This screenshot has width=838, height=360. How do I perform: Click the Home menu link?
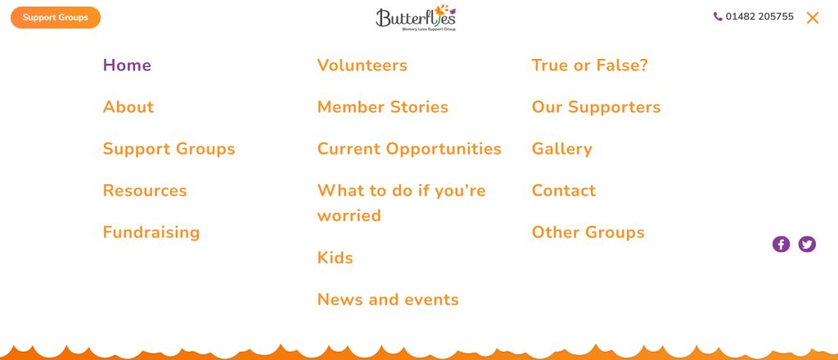pyautogui.click(x=127, y=65)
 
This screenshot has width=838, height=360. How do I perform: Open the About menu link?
pyautogui.click(x=128, y=107)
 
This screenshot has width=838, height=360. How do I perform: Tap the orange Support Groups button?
pyautogui.click(x=56, y=18)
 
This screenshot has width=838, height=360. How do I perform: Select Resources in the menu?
pyautogui.click(x=145, y=191)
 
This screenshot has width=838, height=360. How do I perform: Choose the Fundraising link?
pyautogui.click(x=151, y=232)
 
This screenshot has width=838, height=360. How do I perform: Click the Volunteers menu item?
pyautogui.click(x=363, y=65)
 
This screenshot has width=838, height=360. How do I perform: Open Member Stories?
pyautogui.click(x=383, y=107)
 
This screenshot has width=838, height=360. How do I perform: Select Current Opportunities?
pyautogui.click(x=409, y=149)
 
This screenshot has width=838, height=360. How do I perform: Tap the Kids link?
pyautogui.click(x=335, y=258)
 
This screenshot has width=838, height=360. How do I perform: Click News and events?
pyautogui.click(x=388, y=299)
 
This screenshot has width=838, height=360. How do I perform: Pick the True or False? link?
pyautogui.click(x=589, y=65)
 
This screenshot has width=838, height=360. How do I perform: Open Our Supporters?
pyautogui.click(x=597, y=107)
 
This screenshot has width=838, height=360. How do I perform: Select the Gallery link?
pyautogui.click(x=561, y=149)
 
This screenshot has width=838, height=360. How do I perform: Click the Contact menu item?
pyautogui.click(x=564, y=191)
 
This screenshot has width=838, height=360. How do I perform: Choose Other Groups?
pyautogui.click(x=588, y=232)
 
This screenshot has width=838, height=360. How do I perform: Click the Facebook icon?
pyautogui.click(x=781, y=244)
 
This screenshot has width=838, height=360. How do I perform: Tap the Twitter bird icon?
pyautogui.click(x=807, y=244)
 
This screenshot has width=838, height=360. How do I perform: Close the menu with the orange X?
pyautogui.click(x=813, y=18)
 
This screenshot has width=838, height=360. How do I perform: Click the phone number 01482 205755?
pyautogui.click(x=759, y=17)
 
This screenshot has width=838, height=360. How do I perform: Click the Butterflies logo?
pyautogui.click(x=416, y=18)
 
